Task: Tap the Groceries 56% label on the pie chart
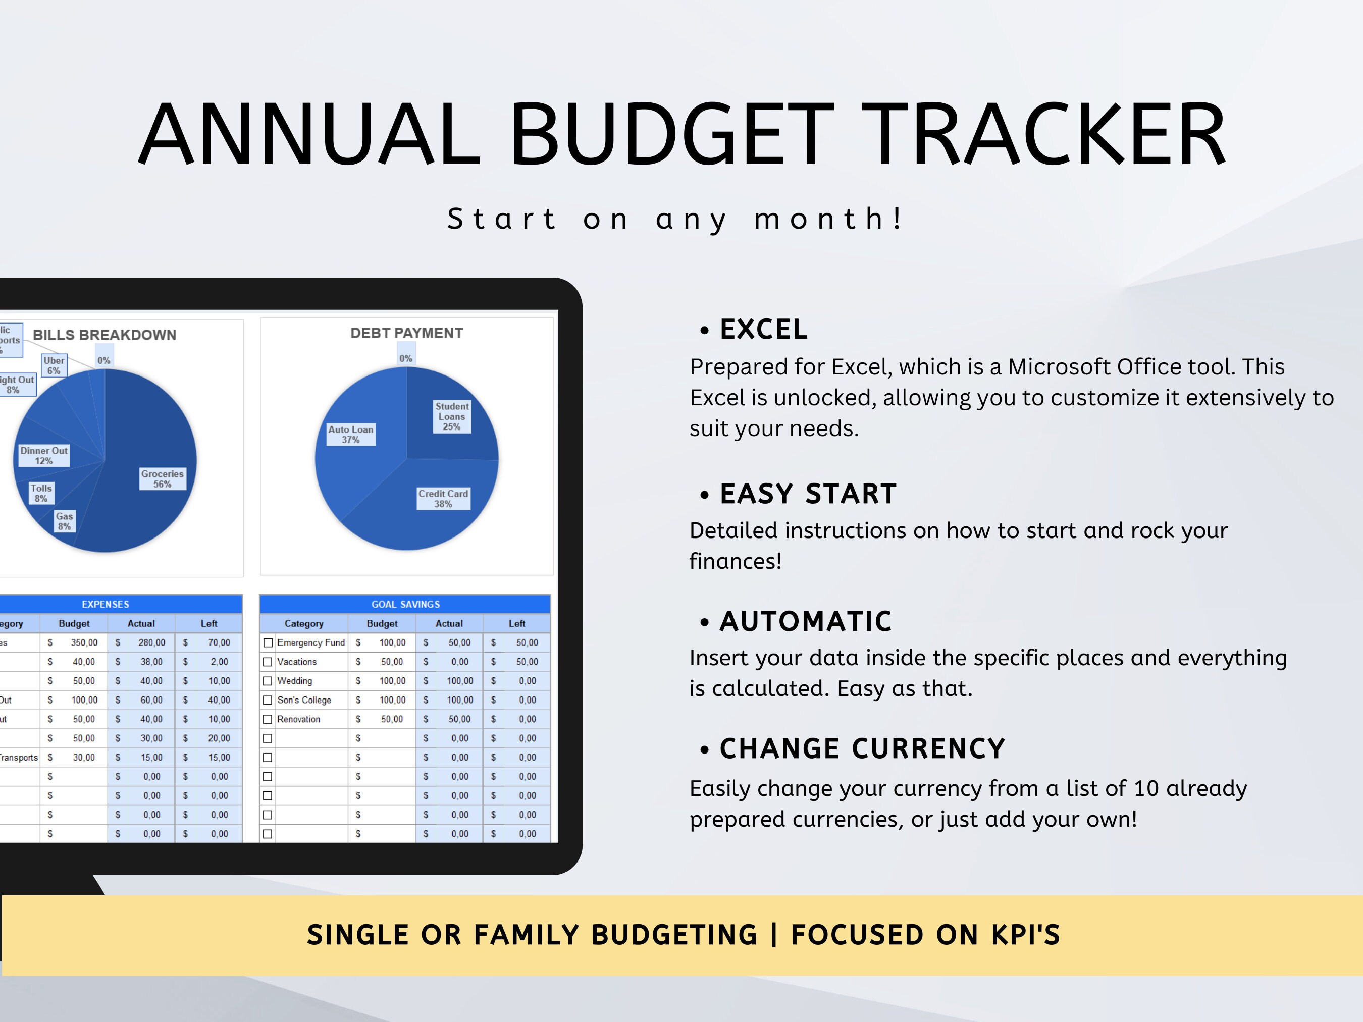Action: click(162, 478)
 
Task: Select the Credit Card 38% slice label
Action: click(443, 498)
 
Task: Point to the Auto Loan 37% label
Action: click(351, 435)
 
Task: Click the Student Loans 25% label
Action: click(452, 416)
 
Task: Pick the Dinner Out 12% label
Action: click(44, 455)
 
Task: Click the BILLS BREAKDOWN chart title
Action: click(104, 335)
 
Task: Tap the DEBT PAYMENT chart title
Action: click(407, 333)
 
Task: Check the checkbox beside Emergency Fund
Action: click(268, 642)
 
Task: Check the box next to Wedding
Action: click(268, 681)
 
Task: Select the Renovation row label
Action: click(299, 719)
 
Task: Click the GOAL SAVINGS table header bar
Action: click(405, 604)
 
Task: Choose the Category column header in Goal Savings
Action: click(304, 623)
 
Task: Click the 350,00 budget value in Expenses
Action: click(84, 642)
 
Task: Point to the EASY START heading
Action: click(808, 494)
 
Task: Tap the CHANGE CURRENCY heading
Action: click(862, 749)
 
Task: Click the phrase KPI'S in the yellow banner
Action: click(1025, 935)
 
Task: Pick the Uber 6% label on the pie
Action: click(54, 365)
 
